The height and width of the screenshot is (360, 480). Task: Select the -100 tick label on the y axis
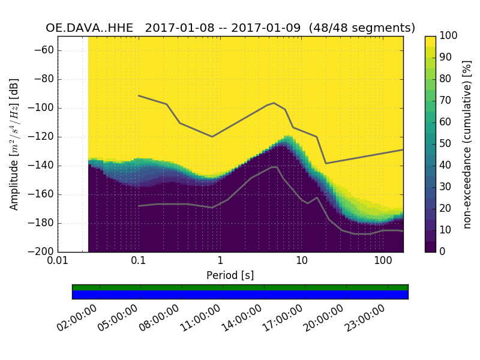[42, 108]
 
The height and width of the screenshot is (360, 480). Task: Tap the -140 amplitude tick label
[42, 166]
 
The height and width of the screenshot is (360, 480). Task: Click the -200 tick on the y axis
[42, 251]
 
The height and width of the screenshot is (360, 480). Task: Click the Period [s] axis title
[230, 275]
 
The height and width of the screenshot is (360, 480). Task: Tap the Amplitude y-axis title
[14, 144]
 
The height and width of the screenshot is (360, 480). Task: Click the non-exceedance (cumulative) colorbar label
[467, 144]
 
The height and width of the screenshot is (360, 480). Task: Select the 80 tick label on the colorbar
[446, 79]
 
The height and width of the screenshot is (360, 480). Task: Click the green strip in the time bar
[240, 287]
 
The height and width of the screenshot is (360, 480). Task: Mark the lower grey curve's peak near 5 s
[274, 167]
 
